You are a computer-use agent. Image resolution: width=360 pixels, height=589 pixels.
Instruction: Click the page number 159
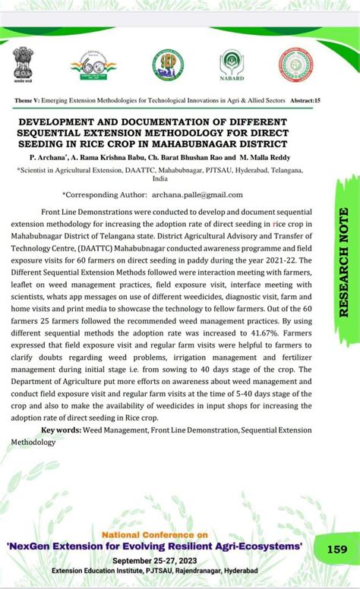pyautogui.click(x=337, y=548)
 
